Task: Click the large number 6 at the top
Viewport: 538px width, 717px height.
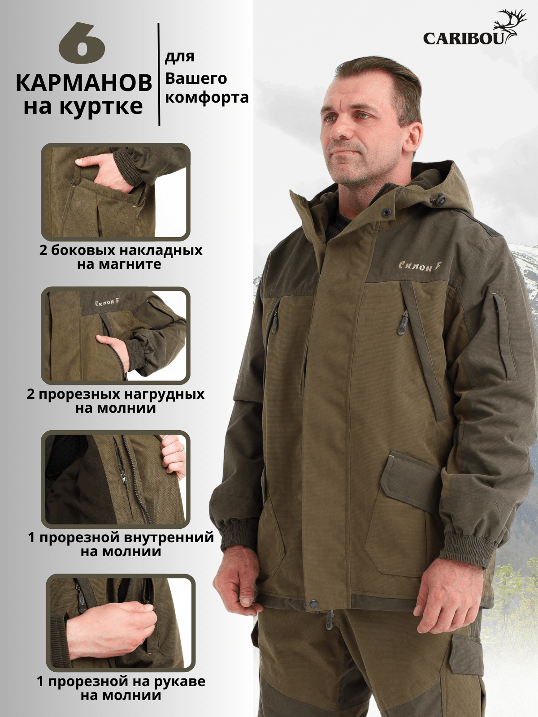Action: [82, 43]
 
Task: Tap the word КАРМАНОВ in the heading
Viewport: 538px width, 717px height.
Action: [84, 83]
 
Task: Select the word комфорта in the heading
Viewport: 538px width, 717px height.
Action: [207, 98]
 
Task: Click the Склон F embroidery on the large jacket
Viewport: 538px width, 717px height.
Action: [420, 266]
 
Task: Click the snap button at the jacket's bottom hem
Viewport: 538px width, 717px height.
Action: [313, 603]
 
